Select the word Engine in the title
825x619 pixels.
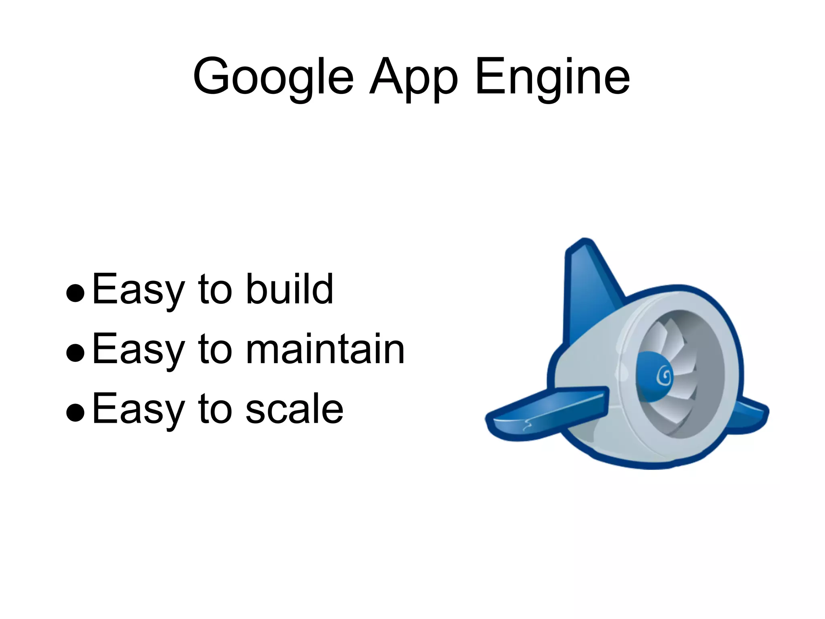[552, 77]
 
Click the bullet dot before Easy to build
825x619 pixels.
[75, 293]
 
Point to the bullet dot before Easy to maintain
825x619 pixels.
[75, 353]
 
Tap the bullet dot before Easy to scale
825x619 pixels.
[75, 413]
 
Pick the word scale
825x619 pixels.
[294, 409]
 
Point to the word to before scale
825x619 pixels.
[215, 409]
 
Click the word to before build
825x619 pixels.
[215, 289]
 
